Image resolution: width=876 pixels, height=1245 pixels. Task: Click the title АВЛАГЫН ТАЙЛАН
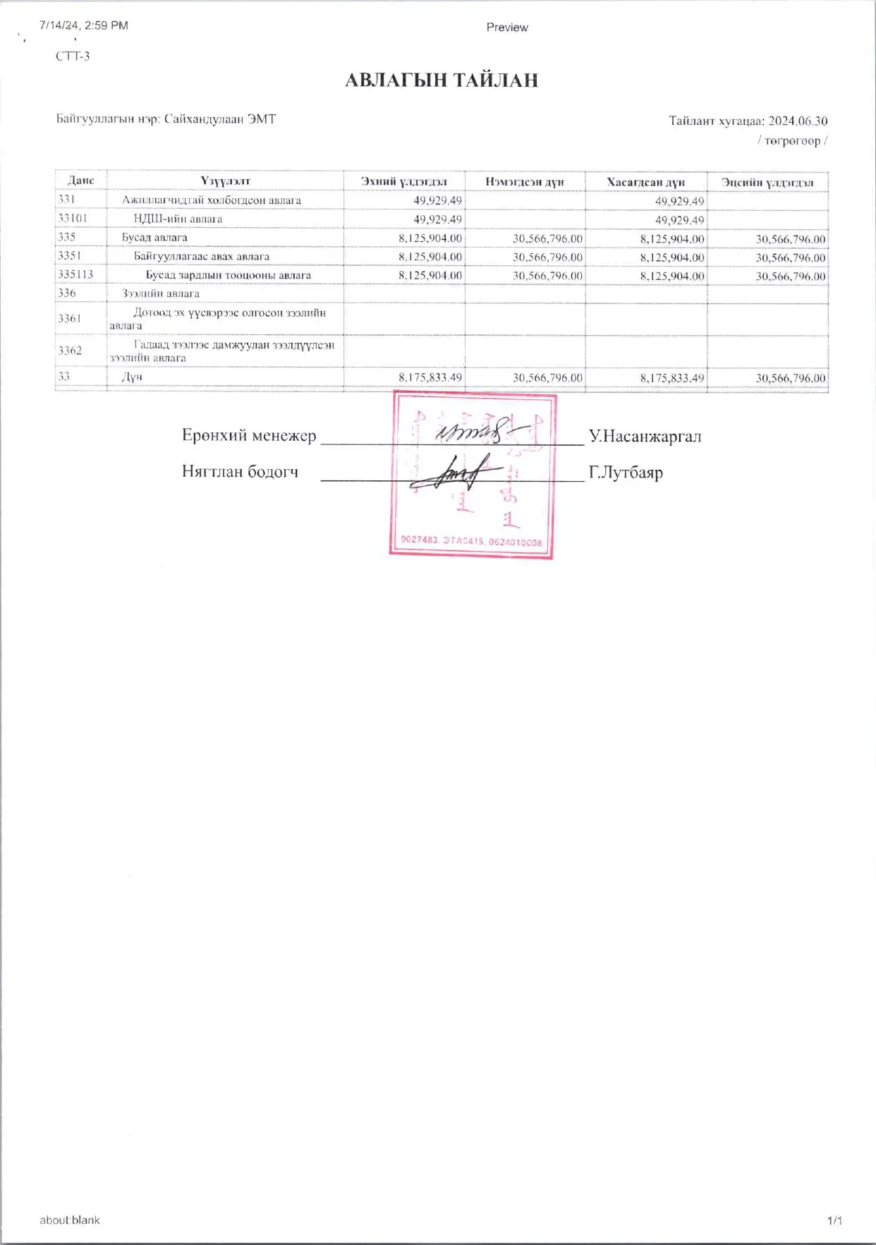click(x=442, y=80)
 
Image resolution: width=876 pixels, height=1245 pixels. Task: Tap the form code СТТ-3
click(x=73, y=56)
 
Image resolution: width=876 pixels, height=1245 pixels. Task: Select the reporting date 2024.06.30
click(x=798, y=121)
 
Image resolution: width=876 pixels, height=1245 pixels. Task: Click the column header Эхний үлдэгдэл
click(x=403, y=182)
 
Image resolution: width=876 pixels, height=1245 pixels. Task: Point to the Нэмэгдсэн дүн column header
click(x=525, y=182)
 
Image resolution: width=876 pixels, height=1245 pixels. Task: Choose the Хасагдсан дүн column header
click(x=645, y=182)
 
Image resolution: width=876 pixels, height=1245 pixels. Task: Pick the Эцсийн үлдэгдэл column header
click(x=767, y=183)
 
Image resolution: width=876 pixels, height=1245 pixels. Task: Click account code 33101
click(x=73, y=219)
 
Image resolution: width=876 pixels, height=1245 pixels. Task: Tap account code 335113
click(x=75, y=274)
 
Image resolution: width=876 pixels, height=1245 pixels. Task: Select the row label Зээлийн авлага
click(x=161, y=293)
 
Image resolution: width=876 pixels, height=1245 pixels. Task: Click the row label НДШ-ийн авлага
click(x=178, y=219)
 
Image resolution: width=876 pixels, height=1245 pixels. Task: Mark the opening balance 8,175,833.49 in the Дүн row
click(x=430, y=378)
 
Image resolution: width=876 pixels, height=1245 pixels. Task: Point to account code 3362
click(x=70, y=351)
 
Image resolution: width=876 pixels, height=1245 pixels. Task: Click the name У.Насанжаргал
click(x=645, y=436)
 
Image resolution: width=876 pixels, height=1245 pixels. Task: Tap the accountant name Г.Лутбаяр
click(x=626, y=472)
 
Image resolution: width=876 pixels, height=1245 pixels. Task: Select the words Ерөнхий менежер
click(x=249, y=435)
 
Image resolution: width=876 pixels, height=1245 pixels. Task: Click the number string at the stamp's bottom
click(x=471, y=541)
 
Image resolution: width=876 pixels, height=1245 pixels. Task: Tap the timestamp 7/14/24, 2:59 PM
click(x=84, y=25)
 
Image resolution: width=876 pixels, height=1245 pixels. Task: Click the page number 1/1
click(x=834, y=1220)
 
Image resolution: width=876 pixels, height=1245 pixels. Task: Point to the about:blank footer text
click(x=70, y=1220)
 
